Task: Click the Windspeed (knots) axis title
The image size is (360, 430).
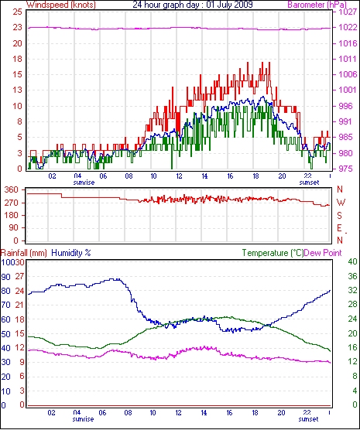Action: pos(61,5)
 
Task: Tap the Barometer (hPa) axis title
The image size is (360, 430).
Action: pos(317,5)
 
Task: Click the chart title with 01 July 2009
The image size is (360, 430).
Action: pos(193,5)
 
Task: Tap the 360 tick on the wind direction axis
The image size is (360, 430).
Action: pos(12,189)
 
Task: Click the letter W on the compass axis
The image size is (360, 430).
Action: pos(340,203)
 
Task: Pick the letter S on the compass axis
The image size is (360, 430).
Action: pos(339,216)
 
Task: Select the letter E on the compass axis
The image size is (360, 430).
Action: pos(339,228)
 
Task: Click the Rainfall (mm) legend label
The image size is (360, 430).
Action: pos(24,253)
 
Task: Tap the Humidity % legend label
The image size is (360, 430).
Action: pos(71,253)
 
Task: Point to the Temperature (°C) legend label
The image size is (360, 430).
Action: pos(273,253)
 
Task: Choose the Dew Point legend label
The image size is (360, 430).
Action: pos(323,253)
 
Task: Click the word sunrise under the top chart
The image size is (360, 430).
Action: pos(84,183)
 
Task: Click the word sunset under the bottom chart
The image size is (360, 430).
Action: pos(309,419)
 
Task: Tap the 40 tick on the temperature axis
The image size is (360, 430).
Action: pos(352,261)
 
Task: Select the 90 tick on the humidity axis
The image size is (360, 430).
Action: pos(5,277)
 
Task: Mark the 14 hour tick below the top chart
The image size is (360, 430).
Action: pos(204,176)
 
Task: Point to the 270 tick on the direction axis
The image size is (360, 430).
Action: pos(12,203)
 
